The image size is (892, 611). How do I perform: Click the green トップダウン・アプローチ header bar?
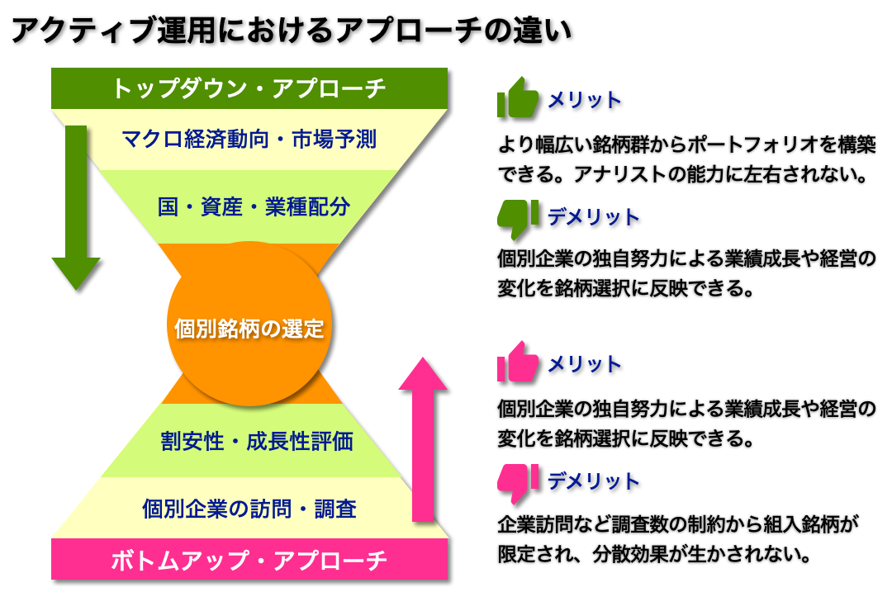pos(249,88)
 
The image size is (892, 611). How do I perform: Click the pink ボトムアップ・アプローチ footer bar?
pos(249,560)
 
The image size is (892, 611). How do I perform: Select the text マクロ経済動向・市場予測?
pos(249,139)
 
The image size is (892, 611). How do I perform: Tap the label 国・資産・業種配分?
pos(254,206)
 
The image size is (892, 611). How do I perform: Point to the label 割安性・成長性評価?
pos(257,441)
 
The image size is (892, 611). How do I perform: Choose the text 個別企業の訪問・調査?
pos(249,508)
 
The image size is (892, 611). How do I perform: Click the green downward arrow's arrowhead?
pos(76,273)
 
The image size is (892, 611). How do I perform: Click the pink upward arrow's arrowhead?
pos(422,374)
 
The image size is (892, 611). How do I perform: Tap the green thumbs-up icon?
pos(518,98)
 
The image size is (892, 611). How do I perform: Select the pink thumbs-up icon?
pos(518,362)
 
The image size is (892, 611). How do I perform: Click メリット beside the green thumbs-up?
pos(585,100)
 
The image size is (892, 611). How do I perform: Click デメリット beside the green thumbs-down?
pos(593,217)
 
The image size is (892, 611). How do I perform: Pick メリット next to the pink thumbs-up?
pos(585,364)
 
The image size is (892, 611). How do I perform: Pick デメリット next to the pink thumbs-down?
pos(593,481)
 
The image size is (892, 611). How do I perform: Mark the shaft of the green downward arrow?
pos(76,190)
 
